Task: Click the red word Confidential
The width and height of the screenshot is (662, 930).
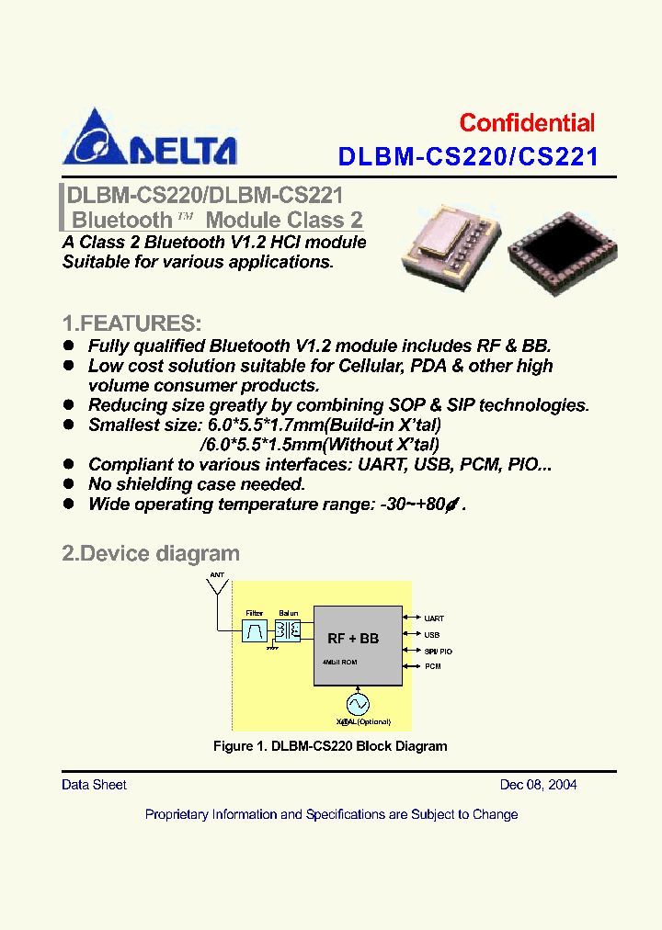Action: tap(527, 123)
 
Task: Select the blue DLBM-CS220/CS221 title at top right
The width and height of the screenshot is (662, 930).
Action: tap(468, 157)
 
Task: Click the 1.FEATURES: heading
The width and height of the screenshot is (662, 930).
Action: tap(131, 323)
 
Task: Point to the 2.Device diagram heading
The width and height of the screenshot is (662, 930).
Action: tap(151, 553)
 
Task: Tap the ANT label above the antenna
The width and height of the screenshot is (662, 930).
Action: tap(217, 575)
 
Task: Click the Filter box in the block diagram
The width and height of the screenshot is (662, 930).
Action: tap(255, 630)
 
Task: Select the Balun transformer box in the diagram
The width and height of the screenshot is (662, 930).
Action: tap(289, 630)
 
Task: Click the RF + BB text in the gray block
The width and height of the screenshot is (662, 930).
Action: tap(353, 638)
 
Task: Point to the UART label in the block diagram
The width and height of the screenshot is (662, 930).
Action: tap(434, 618)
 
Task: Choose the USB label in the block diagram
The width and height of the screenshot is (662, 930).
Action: tap(431, 634)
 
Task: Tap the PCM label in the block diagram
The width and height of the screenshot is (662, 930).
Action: tap(432, 665)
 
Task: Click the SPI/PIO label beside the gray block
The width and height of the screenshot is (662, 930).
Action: tap(438, 651)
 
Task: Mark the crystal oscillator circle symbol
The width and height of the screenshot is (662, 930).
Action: tap(357, 703)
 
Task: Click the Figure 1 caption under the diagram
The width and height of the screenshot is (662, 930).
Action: tap(330, 746)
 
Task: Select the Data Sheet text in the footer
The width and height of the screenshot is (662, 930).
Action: tap(94, 785)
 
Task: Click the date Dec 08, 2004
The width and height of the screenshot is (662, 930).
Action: tap(538, 785)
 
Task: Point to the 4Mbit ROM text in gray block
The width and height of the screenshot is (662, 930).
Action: tap(339, 662)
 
